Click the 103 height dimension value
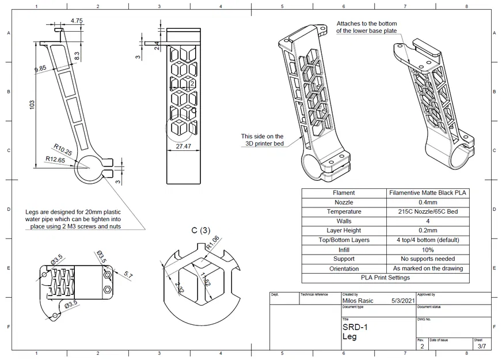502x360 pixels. (33, 104)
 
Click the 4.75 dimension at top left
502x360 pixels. (77, 21)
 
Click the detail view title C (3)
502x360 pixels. (201, 230)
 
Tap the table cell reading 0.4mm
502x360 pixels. (428, 202)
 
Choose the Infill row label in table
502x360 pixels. (344, 249)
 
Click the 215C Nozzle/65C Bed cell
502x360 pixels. (428, 211)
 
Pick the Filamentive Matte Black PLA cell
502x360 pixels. (428, 193)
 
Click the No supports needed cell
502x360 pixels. (428, 259)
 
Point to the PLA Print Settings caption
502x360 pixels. (385, 278)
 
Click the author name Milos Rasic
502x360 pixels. (359, 301)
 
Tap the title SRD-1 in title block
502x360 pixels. (354, 327)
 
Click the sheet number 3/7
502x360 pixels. (481, 346)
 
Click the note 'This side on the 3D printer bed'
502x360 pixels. (262, 140)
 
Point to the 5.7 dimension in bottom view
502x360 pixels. (127, 276)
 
